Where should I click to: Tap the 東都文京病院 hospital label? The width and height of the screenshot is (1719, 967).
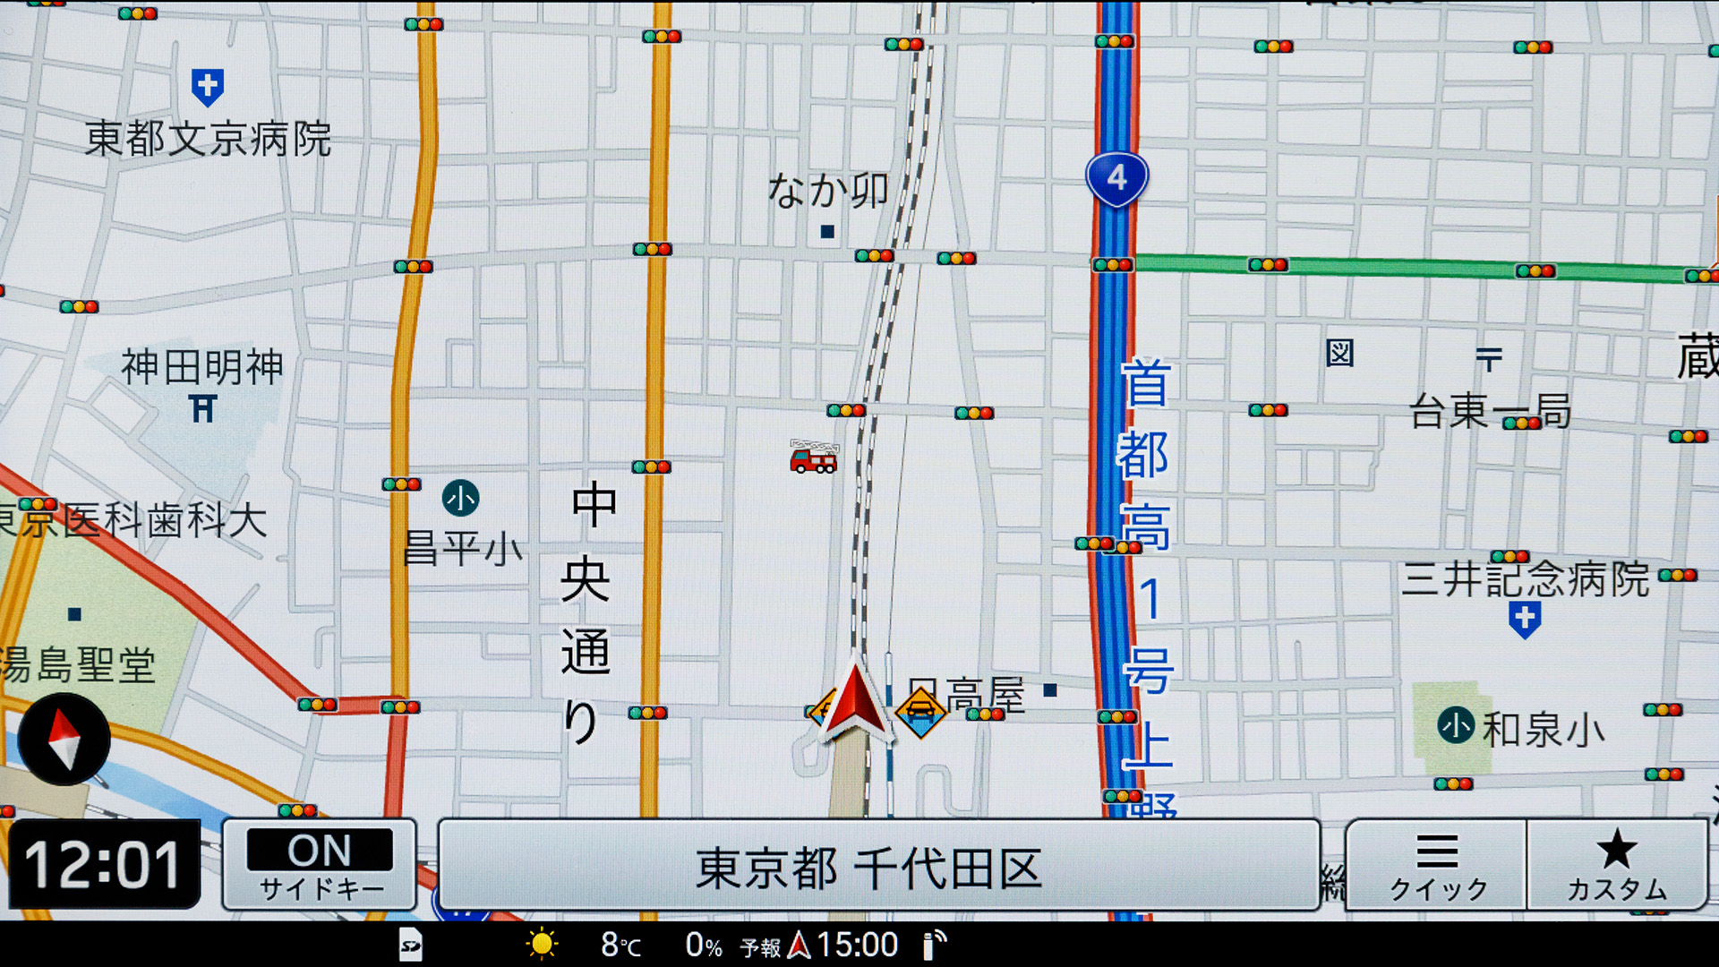[x=208, y=140]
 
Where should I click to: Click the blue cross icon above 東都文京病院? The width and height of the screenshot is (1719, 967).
[x=208, y=87]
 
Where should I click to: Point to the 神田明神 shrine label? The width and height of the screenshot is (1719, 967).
[x=202, y=367]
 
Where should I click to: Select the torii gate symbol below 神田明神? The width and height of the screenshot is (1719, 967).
[x=203, y=409]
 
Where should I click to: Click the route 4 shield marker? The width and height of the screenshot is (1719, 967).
[x=1116, y=178]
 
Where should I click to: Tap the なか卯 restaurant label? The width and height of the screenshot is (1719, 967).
[x=828, y=191]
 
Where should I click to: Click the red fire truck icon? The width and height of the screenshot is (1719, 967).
[x=813, y=457]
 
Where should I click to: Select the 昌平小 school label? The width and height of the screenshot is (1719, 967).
[x=462, y=548]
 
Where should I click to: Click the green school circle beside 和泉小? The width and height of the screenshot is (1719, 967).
[x=1456, y=725]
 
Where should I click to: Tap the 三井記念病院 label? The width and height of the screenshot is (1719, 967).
[x=1525, y=579]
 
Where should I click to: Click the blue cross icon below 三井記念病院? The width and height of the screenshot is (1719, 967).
[x=1525, y=619]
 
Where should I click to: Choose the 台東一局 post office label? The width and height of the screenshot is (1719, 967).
[x=1490, y=411]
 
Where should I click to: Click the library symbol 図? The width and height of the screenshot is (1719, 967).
[x=1339, y=354]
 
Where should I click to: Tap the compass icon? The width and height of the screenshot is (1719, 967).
[x=64, y=740]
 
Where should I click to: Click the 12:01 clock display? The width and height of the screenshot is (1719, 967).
[x=104, y=865]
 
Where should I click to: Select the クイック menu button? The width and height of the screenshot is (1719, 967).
[x=1436, y=866]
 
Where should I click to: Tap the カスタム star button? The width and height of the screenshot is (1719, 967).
[x=1617, y=866]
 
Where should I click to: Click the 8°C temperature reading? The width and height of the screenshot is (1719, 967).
[x=620, y=945]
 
